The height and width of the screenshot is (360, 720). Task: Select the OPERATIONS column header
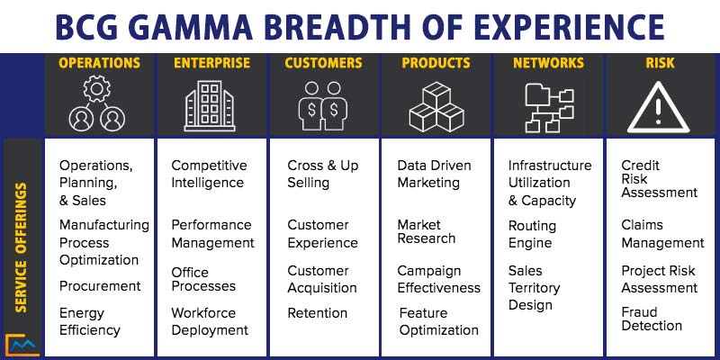tap(99, 63)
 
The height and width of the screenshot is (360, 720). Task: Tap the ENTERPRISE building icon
tap(211, 107)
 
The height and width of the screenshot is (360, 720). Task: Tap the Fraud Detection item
tap(652, 318)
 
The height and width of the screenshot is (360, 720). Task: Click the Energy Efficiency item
tap(90, 321)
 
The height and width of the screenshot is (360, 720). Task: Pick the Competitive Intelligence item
tap(208, 174)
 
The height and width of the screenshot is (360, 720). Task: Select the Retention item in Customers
tap(317, 313)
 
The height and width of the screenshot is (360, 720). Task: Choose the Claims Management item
tap(662, 234)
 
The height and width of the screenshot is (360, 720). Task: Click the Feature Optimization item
tap(439, 321)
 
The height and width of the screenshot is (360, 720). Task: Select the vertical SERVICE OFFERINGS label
tap(22, 247)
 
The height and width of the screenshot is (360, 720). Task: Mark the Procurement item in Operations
tap(100, 286)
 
